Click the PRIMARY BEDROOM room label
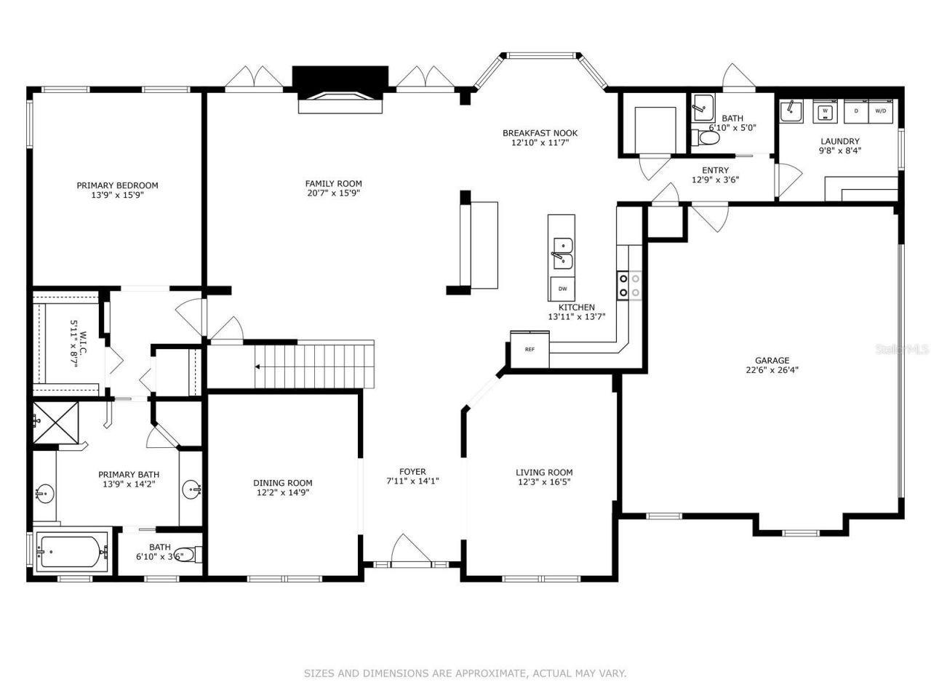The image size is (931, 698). (117, 185)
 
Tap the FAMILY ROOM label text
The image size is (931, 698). (333, 184)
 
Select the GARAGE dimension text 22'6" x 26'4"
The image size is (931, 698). (772, 369)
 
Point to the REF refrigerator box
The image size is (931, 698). (530, 349)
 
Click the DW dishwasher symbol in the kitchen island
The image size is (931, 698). (562, 289)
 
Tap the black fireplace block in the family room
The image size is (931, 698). (340, 78)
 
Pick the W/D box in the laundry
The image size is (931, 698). (880, 111)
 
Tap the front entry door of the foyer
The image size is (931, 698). (411, 550)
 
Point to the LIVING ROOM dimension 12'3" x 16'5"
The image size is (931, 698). (544, 482)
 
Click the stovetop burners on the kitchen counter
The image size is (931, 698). (629, 285)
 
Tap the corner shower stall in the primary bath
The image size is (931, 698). (56, 423)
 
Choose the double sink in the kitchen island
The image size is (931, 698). (562, 252)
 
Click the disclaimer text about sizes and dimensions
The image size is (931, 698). (465, 673)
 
